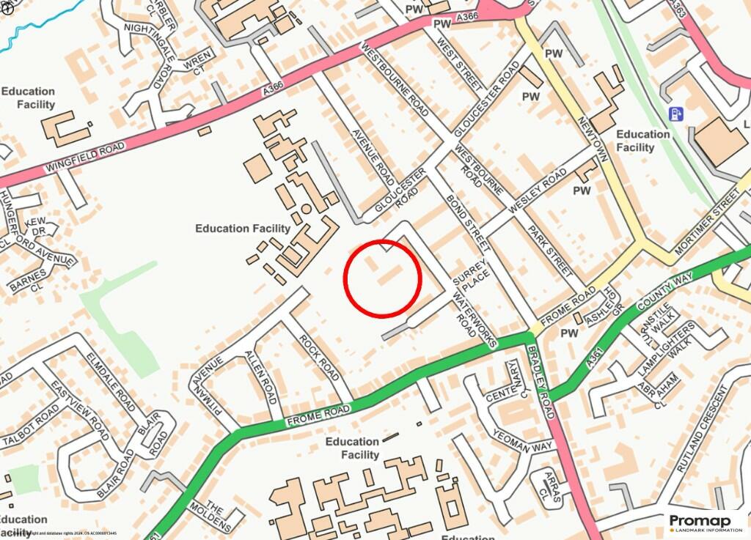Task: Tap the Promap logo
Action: pos(705,522)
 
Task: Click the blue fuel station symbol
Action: pos(675,114)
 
